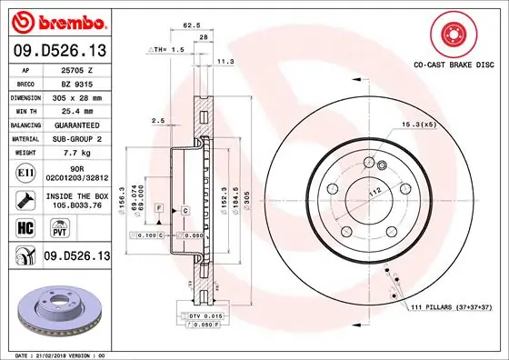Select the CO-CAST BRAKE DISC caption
click(x=453, y=65)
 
